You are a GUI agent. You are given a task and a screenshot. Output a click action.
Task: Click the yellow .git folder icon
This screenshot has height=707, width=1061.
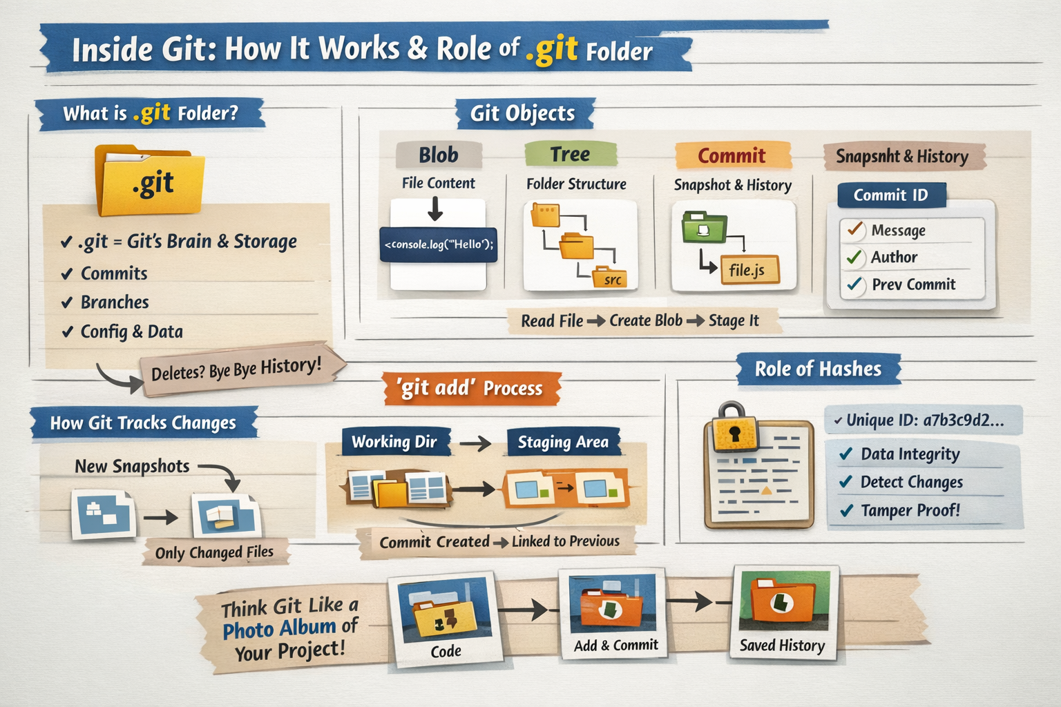[150, 180]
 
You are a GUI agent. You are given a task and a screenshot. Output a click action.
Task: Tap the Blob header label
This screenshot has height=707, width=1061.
[439, 155]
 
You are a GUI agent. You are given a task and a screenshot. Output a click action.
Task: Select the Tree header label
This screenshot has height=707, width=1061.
[571, 154]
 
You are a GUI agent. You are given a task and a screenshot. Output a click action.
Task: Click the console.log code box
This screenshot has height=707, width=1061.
[439, 245]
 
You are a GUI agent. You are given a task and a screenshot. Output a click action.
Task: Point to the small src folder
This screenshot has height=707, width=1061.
[610, 277]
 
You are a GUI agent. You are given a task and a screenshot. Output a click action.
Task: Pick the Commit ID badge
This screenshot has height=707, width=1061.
[892, 195]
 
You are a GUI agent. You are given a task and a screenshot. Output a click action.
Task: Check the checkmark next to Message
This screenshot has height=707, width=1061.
[854, 230]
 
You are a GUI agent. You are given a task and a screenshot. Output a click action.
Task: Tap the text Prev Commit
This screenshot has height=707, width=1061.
[914, 284]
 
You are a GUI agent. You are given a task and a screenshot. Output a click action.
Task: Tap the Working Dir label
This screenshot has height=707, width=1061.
[394, 442]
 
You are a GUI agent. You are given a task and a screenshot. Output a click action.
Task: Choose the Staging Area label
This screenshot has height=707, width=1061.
[563, 442]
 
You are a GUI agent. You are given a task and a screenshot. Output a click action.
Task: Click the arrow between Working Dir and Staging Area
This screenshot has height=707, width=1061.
[475, 444]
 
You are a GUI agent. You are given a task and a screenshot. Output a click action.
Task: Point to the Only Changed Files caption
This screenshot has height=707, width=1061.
[215, 552]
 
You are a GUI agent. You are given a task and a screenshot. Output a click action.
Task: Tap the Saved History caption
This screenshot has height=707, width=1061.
[783, 646]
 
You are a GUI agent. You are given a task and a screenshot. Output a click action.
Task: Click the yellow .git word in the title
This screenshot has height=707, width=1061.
[552, 50]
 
